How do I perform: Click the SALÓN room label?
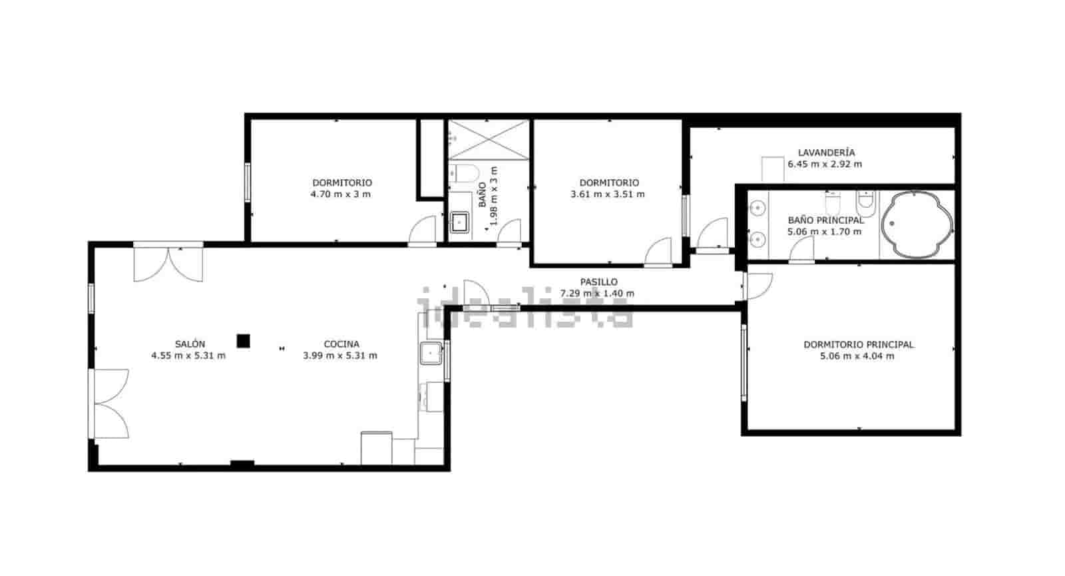point(190,344)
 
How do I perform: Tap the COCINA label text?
point(341,344)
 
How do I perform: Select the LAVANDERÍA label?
point(826,152)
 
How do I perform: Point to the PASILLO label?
point(598,282)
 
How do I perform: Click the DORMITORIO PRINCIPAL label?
point(858,345)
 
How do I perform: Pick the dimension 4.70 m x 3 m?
point(340,194)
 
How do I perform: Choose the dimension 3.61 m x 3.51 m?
point(607,194)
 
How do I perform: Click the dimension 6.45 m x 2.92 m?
point(825,164)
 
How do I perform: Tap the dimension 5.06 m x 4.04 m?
point(857,356)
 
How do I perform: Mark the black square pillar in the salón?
point(244,341)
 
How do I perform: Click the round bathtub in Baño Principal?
point(917,224)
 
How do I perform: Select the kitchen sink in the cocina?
point(431,352)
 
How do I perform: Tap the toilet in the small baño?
point(464,173)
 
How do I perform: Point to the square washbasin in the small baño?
point(459,222)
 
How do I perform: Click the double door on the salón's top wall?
point(168,263)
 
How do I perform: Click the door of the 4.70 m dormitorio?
point(423,231)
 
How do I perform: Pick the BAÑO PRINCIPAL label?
point(825,220)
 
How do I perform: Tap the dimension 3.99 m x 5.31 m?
point(340,356)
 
